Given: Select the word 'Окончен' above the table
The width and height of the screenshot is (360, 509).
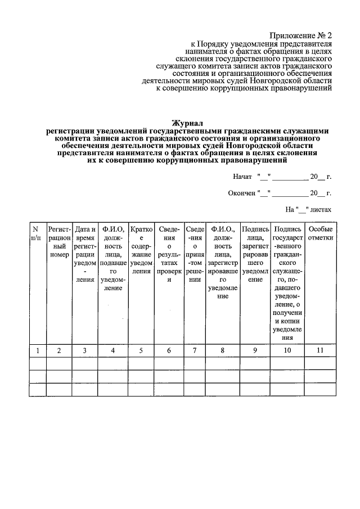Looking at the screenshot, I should pyautogui.click(x=241, y=193).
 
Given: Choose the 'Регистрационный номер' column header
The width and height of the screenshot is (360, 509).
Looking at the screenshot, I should pyautogui.click(x=59, y=242).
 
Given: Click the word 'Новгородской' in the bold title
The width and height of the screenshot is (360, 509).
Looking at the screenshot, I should pyautogui.click(x=250, y=145).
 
